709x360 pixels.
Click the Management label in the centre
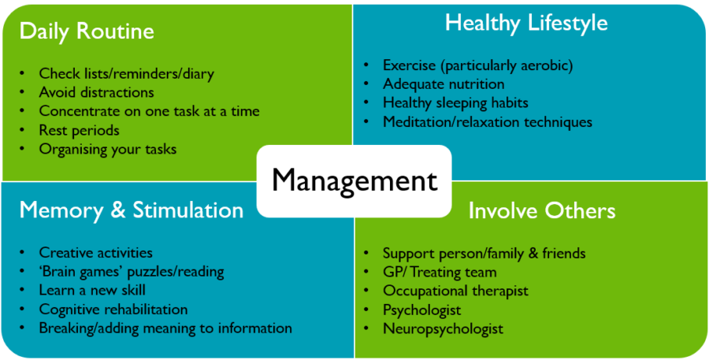(x=354, y=181)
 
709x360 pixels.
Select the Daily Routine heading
(x=87, y=32)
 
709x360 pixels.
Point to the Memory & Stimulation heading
(x=131, y=210)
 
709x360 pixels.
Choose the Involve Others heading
(x=542, y=211)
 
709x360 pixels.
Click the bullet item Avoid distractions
(x=96, y=92)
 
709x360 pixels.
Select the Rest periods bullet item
(x=79, y=130)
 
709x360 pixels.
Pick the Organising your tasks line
(x=108, y=149)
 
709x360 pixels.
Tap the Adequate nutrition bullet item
(x=444, y=84)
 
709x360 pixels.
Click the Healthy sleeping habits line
(x=455, y=103)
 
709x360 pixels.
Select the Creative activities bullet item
(x=96, y=252)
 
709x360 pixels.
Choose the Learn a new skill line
(x=92, y=290)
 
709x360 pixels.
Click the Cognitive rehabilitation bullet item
(x=113, y=310)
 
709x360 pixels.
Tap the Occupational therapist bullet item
(x=455, y=291)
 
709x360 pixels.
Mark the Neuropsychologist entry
(x=443, y=328)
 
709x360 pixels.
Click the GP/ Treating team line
(x=440, y=273)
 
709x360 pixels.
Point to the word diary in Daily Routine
(x=198, y=74)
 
